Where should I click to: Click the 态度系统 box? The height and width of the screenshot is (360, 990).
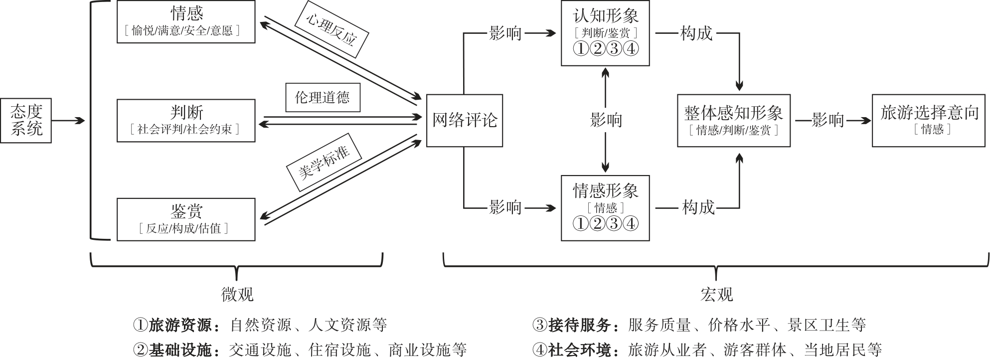coord(26,121)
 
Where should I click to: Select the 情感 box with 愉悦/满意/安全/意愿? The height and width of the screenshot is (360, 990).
coord(186,22)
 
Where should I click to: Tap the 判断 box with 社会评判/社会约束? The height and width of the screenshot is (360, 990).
coord(186,120)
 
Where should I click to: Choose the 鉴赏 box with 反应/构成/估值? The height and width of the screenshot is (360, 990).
coord(186,219)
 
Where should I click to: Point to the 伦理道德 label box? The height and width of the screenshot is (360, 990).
coord(323,97)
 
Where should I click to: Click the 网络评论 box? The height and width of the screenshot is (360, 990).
coord(464,120)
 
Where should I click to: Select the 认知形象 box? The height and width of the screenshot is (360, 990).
coord(605,33)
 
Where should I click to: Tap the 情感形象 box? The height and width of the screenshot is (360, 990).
coord(605,207)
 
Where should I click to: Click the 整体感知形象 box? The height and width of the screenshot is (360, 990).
coord(733,120)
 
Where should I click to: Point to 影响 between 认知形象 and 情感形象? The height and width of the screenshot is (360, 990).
coord(606,120)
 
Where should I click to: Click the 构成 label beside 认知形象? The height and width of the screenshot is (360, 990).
coord(696,33)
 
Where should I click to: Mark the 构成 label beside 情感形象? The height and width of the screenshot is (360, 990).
coord(698,207)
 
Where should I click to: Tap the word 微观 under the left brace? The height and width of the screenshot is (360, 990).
coord(237,295)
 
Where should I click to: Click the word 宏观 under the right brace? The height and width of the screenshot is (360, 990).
coord(716,295)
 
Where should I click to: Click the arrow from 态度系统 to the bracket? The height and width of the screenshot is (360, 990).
coord(68,121)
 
